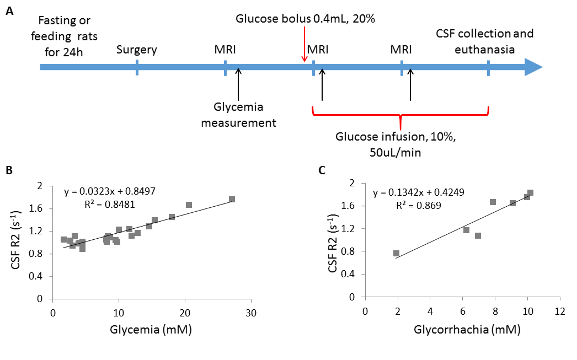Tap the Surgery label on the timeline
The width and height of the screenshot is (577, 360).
pos(137,50)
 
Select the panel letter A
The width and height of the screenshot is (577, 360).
pos(10,10)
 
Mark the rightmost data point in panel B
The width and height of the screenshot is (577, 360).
pos(232,199)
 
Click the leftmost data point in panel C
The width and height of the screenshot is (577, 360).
pos(396,253)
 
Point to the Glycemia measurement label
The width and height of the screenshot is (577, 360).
pos(238,114)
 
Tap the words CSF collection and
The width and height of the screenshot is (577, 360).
pos(484,34)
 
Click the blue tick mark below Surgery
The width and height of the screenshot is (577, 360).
pos(137,68)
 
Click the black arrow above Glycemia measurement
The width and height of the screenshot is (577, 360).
pos(238,83)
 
